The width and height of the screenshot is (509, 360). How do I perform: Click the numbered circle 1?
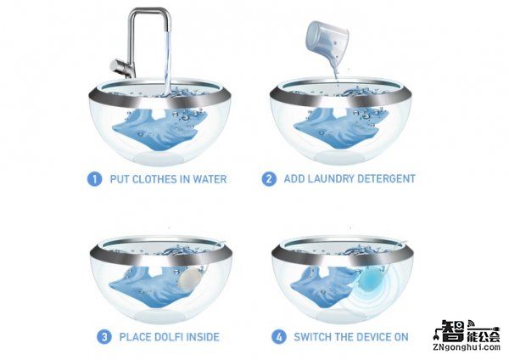click(94, 179)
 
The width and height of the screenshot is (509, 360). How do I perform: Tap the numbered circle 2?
click(269, 179)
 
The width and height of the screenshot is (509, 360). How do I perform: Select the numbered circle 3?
click(103, 337)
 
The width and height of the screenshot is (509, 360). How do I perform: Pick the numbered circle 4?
click(278, 337)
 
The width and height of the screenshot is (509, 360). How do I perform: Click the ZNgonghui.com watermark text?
click(466, 347)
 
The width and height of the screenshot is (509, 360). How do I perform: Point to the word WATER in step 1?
click(210, 179)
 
